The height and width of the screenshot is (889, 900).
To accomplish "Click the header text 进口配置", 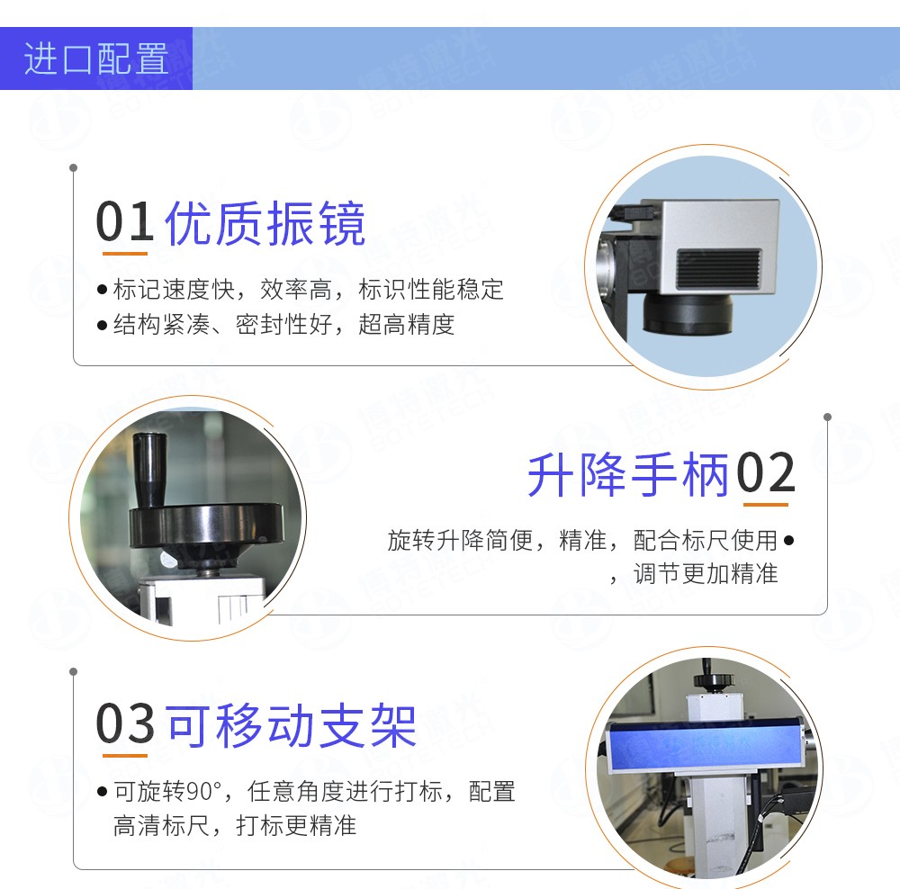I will (96, 59).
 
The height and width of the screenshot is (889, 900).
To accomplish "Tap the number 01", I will (125, 222).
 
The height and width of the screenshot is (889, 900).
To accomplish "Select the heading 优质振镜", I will (265, 223).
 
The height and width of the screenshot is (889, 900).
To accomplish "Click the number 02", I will (766, 473).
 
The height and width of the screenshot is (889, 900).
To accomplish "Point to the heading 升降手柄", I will (627, 474).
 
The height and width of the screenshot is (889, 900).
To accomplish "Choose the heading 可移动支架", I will (292, 724).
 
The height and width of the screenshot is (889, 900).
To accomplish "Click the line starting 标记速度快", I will (308, 290).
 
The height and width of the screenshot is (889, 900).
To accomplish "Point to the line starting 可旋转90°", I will (314, 792).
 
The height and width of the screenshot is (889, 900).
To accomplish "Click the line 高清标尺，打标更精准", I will (235, 825).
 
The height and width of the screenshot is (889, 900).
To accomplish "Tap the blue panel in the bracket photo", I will (701, 744).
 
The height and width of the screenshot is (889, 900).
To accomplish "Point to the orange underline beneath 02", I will (766, 505).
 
